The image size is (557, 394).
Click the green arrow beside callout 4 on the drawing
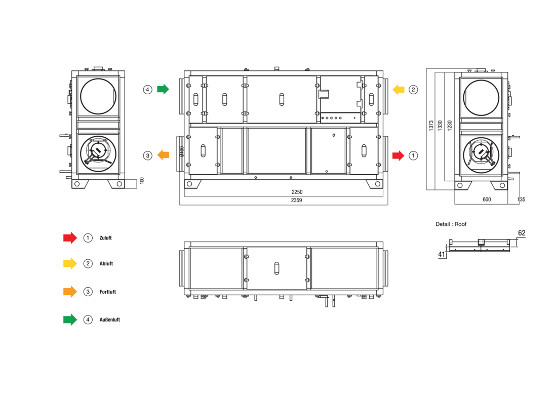pyautogui.click(x=163, y=89)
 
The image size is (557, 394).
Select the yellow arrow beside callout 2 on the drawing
pyautogui.click(x=399, y=90)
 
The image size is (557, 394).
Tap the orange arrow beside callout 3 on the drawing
pyautogui.click(x=163, y=155)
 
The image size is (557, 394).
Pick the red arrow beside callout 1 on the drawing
pyautogui.click(x=398, y=155)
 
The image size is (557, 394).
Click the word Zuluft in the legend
pyautogui.click(x=105, y=238)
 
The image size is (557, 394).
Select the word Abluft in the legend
pyautogui.click(x=106, y=264)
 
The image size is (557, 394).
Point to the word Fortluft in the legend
pyautogui.click(x=108, y=292)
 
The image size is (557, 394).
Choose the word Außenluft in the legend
pyautogui.click(x=110, y=320)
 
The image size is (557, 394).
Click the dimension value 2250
pyautogui.click(x=297, y=192)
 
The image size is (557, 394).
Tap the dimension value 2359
pyautogui.click(x=297, y=201)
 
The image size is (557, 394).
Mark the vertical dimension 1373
pyautogui.click(x=431, y=126)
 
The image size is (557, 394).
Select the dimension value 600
pyautogui.click(x=487, y=200)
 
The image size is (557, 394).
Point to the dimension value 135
pyautogui.click(x=521, y=200)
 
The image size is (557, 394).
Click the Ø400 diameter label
pyautogui.click(x=182, y=151)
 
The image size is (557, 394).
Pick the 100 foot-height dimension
pyautogui.click(x=142, y=180)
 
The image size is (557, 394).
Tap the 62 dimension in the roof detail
pyautogui.click(x=522, y=233)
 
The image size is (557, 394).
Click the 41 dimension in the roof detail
pyautogui.click(x=442, y=254)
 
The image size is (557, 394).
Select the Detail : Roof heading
pyautogui.click(x=451, y=224)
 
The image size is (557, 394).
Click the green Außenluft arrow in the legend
pyautogui.click(x=70, y=320)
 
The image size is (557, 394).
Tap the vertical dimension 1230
pyautogui.click(x=450, y=126)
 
